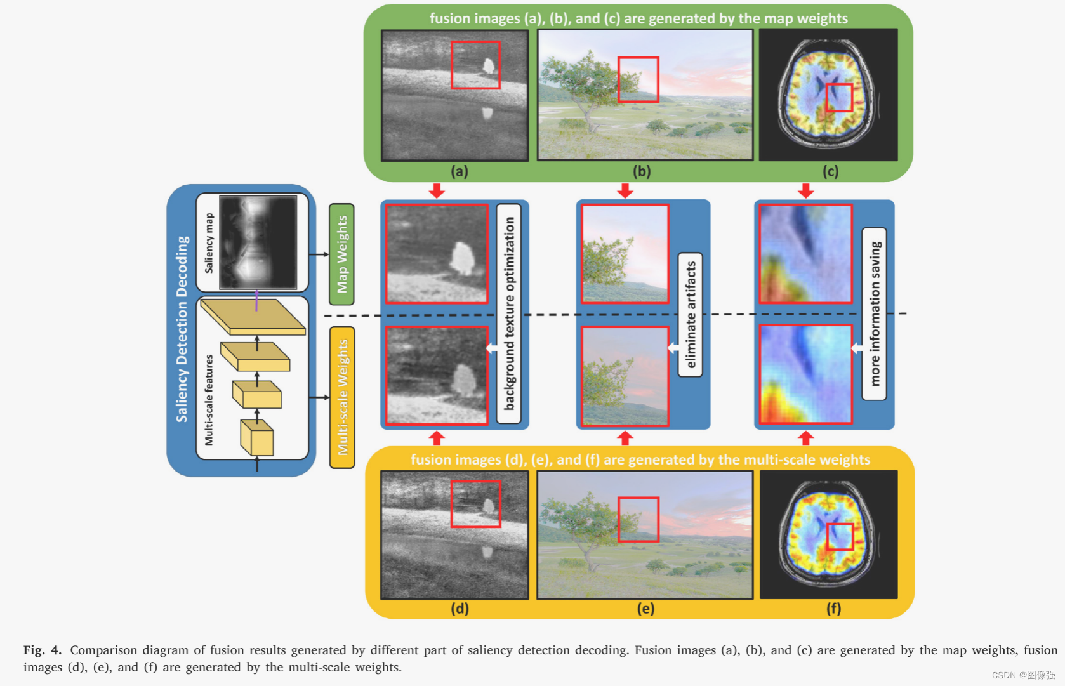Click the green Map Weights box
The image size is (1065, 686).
coord(341,254)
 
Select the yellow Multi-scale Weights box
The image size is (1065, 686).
coord(342,397)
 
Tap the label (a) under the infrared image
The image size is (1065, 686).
coord(460,171)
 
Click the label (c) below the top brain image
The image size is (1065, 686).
coord(830,171)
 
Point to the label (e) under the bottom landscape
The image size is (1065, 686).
coord(645,609)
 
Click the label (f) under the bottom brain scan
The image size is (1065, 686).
coord(833,609)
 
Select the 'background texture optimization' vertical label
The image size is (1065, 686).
coord(509,313)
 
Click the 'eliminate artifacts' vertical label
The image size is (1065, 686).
coord(691,315)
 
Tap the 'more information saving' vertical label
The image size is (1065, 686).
coord(875,313)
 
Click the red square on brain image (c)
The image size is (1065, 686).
coord(839,97)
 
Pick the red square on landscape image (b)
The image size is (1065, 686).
coord(638,79)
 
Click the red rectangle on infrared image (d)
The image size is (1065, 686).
coord(475,504)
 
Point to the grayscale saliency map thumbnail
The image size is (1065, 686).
coord(258,242)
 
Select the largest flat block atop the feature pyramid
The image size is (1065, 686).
coord(253,316)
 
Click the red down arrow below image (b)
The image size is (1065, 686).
coord(625,190)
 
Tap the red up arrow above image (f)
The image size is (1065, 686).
coord(805,438)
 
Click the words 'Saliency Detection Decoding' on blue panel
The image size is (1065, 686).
coord(182,329)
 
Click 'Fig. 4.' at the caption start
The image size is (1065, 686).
coord(42,650)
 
